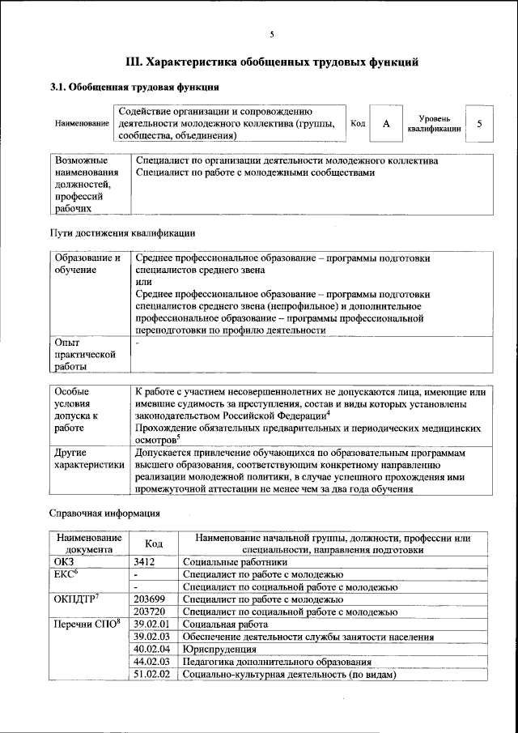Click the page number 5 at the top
(272, 33)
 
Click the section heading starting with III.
(272, 61)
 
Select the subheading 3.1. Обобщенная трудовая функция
(134, 87)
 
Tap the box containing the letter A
(386, 124)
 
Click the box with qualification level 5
(480, 124)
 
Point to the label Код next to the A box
(357, 124)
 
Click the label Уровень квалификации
(435, 123)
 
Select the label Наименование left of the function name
(82, 124)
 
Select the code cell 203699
(149, 599)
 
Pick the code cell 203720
(149, 612)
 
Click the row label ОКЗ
(63, 561)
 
